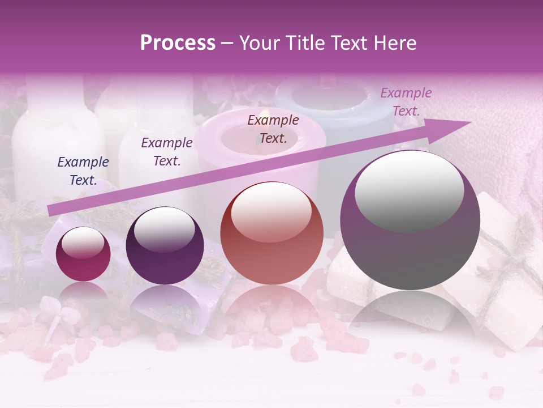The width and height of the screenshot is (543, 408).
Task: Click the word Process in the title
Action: [x=178, y=43]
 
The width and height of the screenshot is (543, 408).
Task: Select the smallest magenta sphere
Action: [x=84, y=254]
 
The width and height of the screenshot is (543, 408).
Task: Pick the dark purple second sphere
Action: [x=165, y=246]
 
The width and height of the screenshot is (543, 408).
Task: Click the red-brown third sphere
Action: [x=271, y=233]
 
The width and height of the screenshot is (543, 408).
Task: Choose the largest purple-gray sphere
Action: [x=410, y=220]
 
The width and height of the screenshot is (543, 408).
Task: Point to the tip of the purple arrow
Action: [x=469, y=122]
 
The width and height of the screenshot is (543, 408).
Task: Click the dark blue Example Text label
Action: [x=83, y=171]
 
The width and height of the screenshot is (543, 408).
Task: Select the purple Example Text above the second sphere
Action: [x=167, y=152]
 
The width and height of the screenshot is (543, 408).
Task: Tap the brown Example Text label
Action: [x=273, y=129]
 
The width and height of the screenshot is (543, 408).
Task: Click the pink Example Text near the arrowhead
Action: [x=406, y=102]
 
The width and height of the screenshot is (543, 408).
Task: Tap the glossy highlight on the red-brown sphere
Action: [x=271, y=211]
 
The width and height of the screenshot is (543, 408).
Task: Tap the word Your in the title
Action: [x=257, y=43]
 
